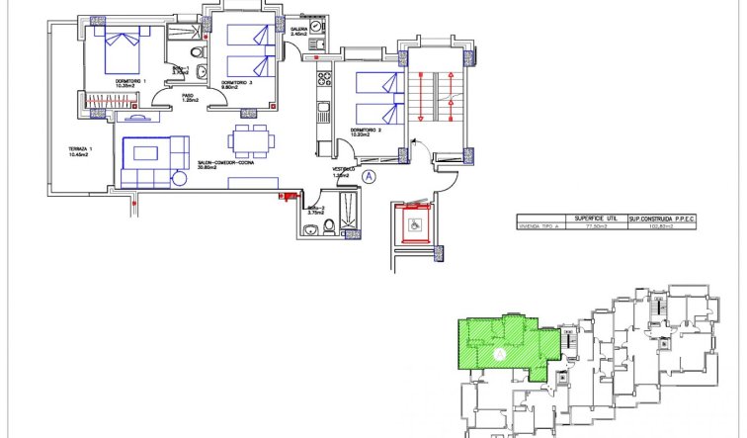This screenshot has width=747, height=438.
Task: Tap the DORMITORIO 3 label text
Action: click(236, 82)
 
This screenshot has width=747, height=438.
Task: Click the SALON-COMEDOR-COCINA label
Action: click(226, 164)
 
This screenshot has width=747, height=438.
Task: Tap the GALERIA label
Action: click(299, 30)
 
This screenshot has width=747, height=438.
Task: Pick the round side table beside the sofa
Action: click(179, 178)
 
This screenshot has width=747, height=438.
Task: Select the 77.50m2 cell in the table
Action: click(594, 227)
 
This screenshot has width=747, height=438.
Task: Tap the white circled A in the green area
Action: click(499, 352)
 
